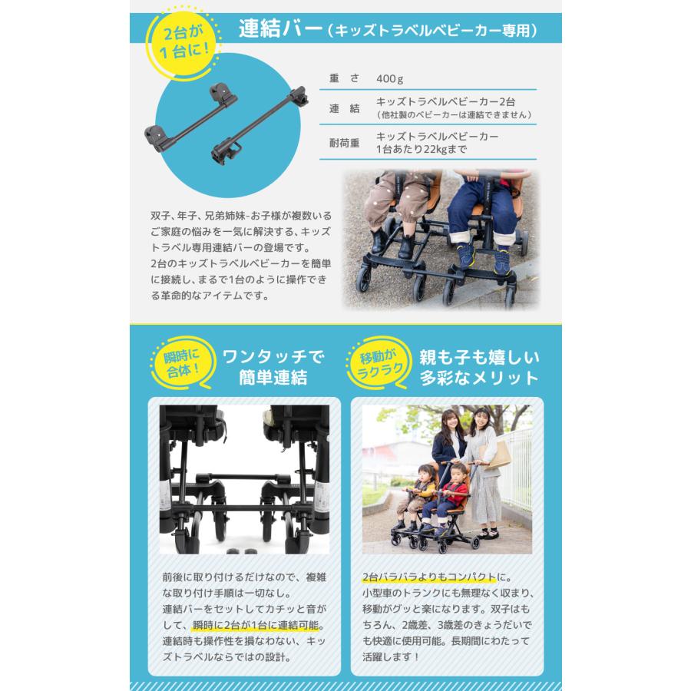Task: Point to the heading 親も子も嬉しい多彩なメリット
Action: [479, 368]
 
